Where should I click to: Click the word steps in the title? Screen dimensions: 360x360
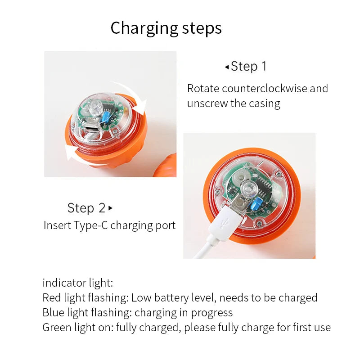[202, 28]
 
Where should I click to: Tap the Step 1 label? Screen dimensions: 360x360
[249, 66]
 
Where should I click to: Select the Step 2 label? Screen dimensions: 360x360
[86, 208]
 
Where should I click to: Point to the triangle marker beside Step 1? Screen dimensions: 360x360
[227, 67]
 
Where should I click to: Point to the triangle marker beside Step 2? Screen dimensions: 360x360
[110, 208]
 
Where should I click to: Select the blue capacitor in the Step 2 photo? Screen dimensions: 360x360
[256, 203]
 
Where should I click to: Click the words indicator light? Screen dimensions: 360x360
[77, 283]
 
